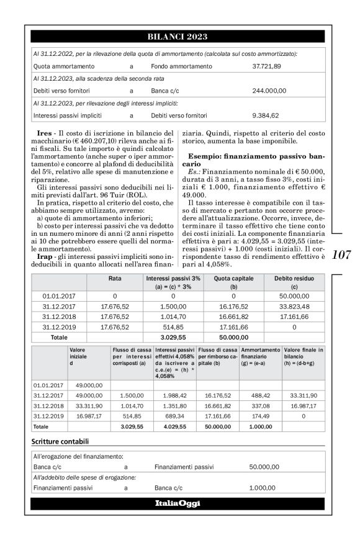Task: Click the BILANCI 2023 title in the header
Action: (x=178, y=37)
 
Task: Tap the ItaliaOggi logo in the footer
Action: (x=178, y=503)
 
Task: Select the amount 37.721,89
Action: (x=267, y=66)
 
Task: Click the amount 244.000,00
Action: (x=269, y=91)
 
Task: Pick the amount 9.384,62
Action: (x=266, y=115)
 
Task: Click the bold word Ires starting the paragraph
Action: (x=44, y=133)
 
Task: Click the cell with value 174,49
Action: (x=261, y=416)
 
